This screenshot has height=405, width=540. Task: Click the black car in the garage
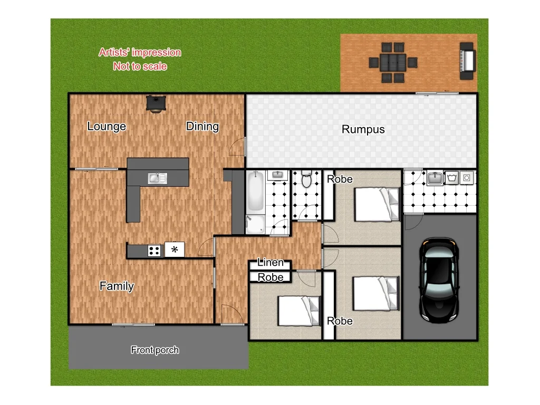click(x=438, y=279)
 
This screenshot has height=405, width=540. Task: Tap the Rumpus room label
click(x=363, y=129)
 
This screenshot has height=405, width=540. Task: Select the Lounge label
click(x=107, y=126)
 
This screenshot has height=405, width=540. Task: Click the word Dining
click(x=202, y=126)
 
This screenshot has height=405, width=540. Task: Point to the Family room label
click(x=117, y=286)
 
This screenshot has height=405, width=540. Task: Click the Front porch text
click(x=155, y=350)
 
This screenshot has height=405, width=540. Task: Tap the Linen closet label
click(x=271, y=262)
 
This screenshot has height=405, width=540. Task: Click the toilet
click(x=306, y=179)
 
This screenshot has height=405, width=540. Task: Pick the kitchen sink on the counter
click(x=157, y=178)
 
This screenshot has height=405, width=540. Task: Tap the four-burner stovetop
click(x=154, y=250)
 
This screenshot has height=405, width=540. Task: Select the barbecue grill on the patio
click(x=467, y=61)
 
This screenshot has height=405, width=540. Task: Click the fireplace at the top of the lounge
click(x=156, y=103)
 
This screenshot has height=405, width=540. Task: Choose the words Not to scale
click(x=140, y=66)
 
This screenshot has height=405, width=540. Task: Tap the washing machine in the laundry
click(x=466, y=178)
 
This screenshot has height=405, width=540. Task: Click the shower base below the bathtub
click(x=255, y=225)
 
